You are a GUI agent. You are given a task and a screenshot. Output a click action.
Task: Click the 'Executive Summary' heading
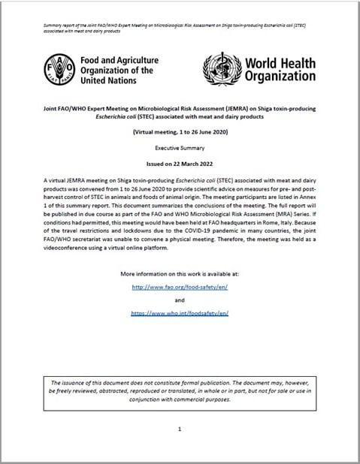point(180,148)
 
